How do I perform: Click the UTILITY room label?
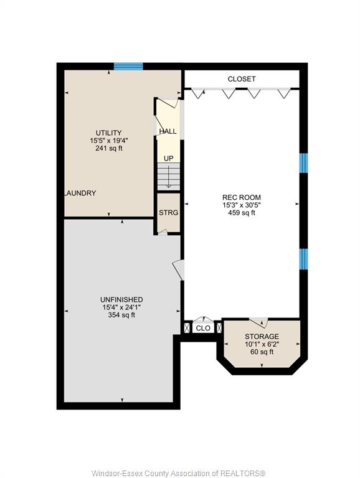click(108, 133)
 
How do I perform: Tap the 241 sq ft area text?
click(109, 149)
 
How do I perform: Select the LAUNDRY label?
click(80, 193)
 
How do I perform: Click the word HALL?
click(168, 131)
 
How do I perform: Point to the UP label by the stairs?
click(168, 159)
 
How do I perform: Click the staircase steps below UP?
click(168, 177)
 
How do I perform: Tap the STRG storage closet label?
click(168, 212)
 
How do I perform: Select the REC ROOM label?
click(242, 197)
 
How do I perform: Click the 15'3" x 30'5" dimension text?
click(242, 205)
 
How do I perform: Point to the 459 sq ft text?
click(242, 213)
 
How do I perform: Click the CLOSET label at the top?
click(242, 79)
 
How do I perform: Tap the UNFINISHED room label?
click(121, 299)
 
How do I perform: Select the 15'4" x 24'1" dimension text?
click(121, 307)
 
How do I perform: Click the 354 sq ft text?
click(121, 315)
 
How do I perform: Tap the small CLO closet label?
click(203, 328)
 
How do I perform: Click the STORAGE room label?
click(262, 336)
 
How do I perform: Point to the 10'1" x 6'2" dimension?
click(262, 344)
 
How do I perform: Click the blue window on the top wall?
click(128, 66)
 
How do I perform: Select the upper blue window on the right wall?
click(303, 163)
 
